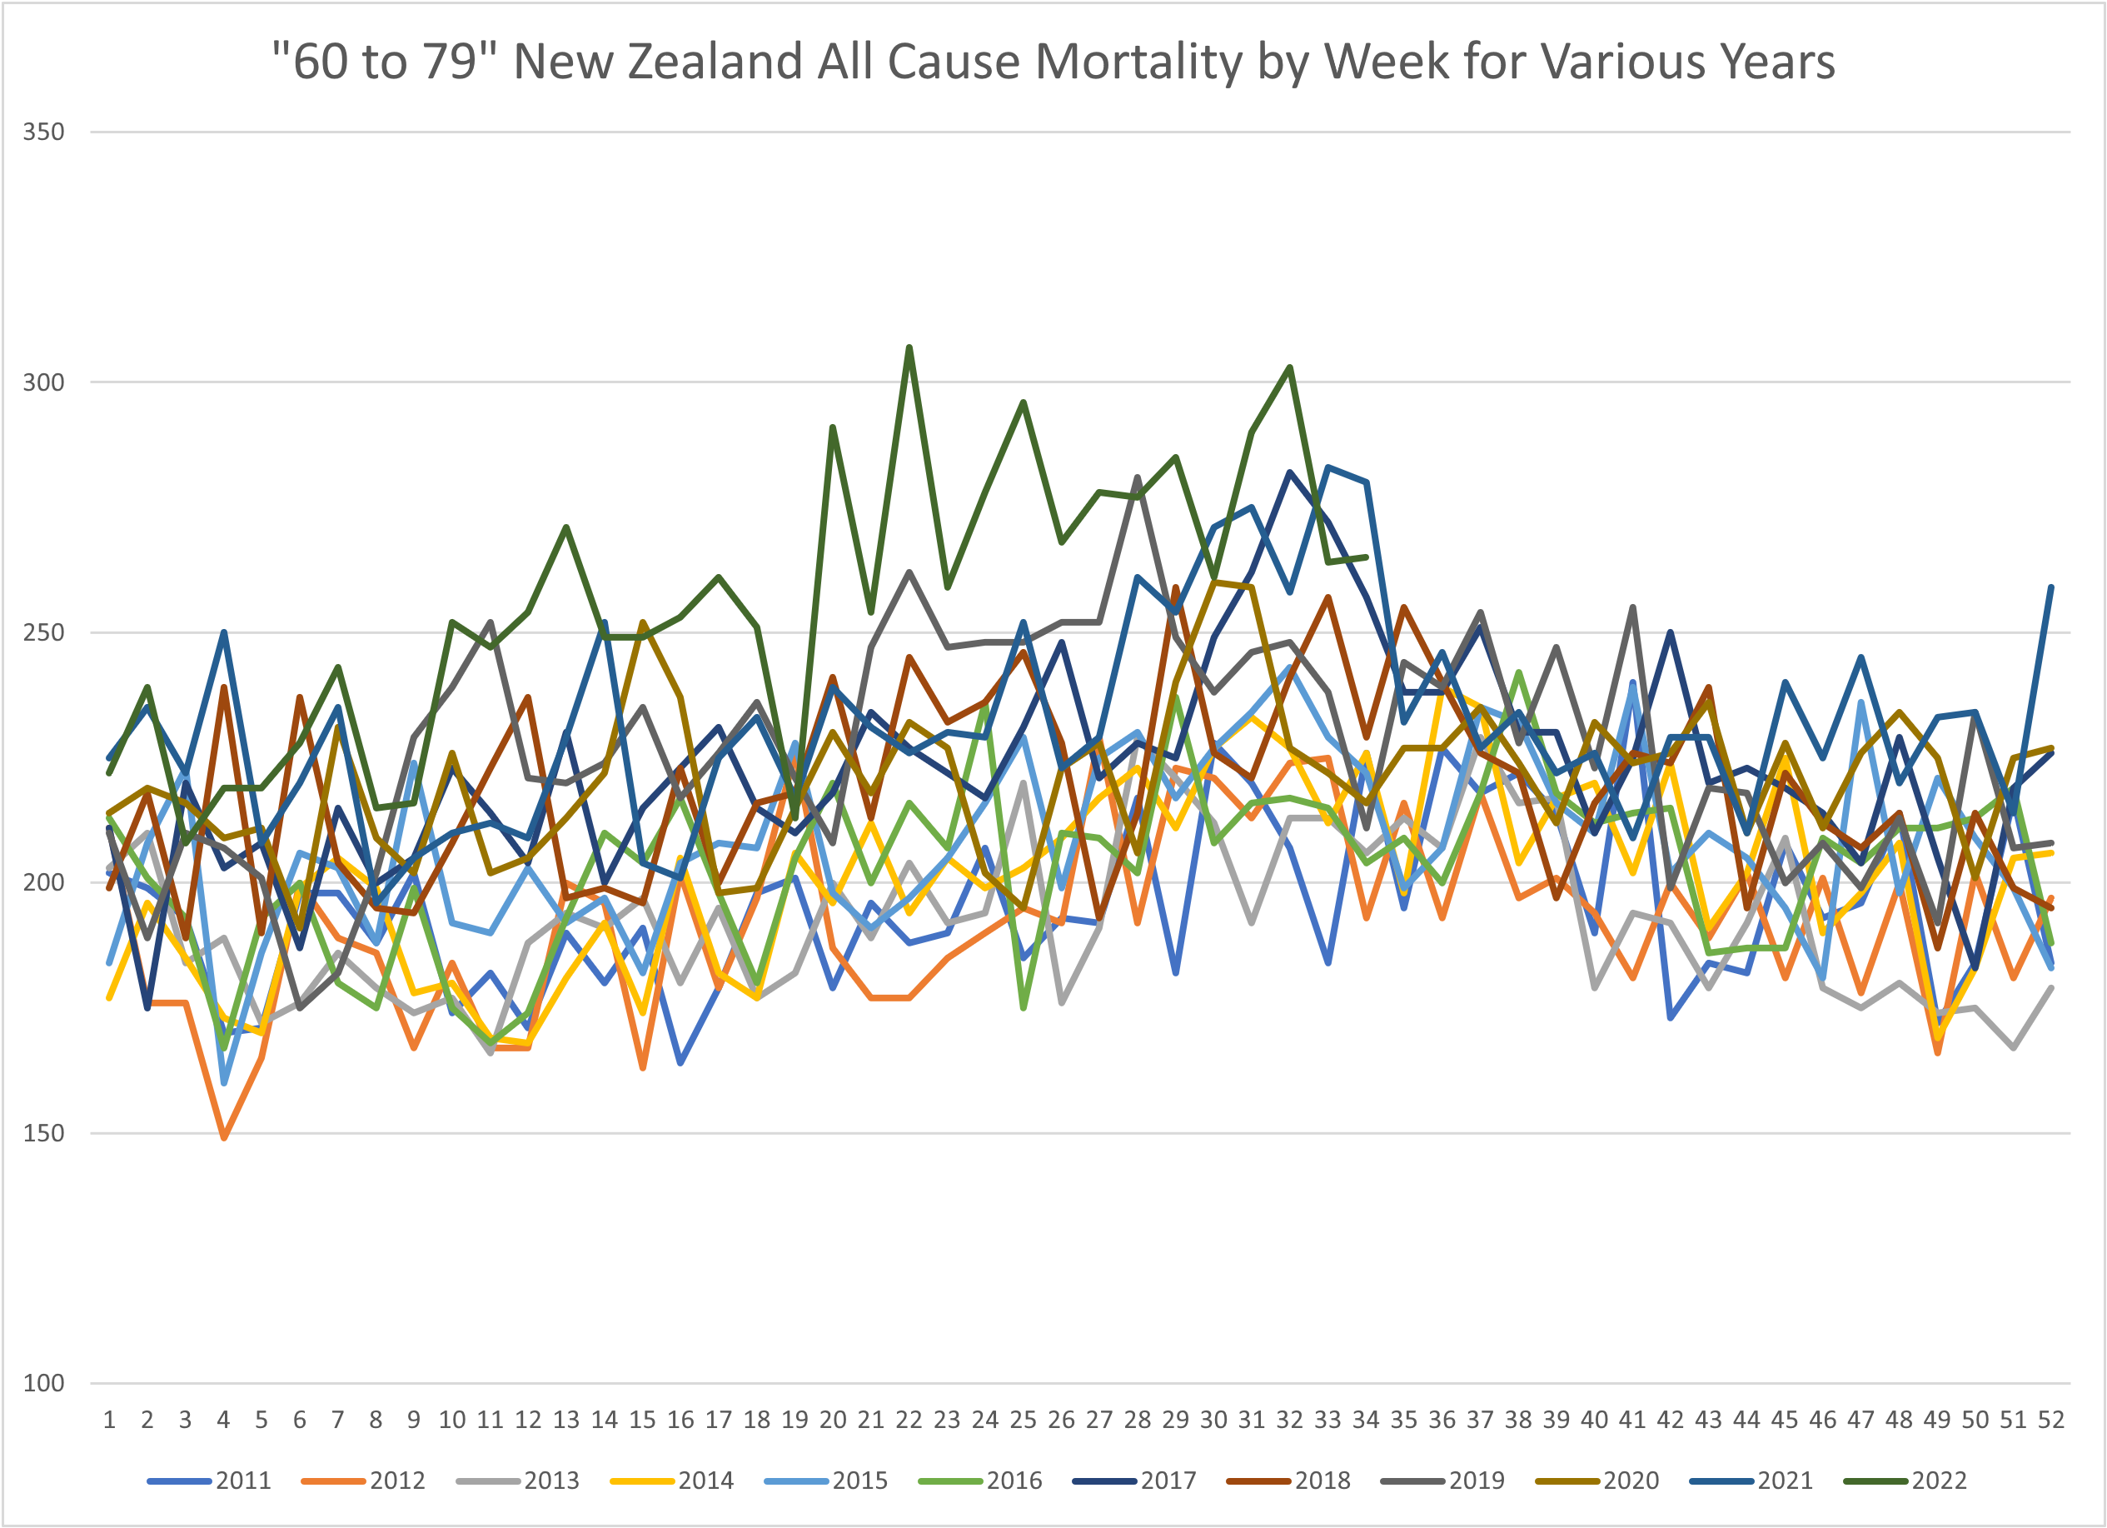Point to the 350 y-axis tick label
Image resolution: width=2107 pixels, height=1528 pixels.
[x=43, y=132]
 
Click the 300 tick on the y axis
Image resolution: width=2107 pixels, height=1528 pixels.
[x=43, y=382]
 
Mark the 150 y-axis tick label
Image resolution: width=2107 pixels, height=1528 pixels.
[x=43, y=1133]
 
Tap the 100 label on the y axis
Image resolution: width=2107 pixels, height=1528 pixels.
[x=43, y=1383]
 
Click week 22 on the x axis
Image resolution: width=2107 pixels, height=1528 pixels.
[x=909, y=1421]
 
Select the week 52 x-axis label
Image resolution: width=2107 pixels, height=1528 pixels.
[x=2051, y=1421]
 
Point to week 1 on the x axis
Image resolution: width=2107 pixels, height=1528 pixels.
[x=109, y=1421]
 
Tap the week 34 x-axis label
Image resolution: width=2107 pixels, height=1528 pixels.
[x=1366, y=1421]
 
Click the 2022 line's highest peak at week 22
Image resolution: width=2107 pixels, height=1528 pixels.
[x=909, y=347]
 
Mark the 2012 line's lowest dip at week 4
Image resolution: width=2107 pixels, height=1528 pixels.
[x=224, y=1137]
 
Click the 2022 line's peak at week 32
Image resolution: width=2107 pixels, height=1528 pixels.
[x=1289, y=367]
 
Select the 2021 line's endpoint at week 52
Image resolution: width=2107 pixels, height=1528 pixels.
[x=2051, y=587]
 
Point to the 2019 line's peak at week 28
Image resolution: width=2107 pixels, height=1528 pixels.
[x=1137, y=477]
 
